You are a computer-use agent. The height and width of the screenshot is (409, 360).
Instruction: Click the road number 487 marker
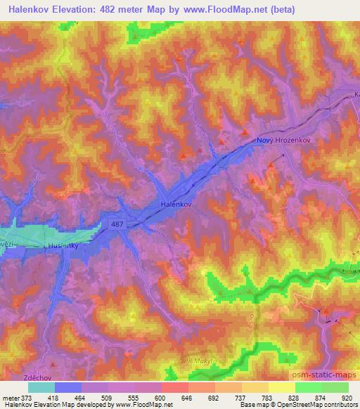[x=118, y=224]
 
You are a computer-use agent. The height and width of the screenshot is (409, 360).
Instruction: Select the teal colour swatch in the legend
[x=41, y=387]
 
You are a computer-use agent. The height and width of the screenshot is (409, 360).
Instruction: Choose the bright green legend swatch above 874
[x=309, y=387]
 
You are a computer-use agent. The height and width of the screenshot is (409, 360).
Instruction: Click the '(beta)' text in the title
[x=280, y=9]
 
